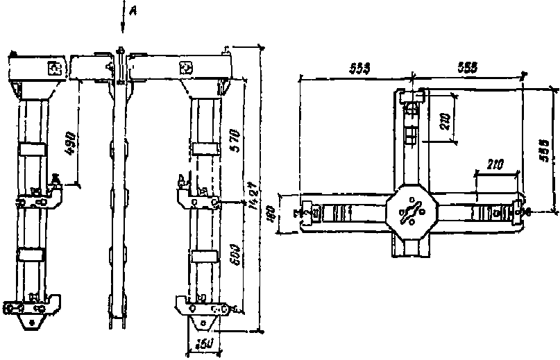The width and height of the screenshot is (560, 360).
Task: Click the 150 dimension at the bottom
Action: pyautogui.click(x=203, y=344)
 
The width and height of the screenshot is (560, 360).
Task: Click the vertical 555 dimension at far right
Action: pyautogui.click(x=545, y=150)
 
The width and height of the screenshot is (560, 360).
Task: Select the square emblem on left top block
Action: pyautogui.click(x=55, y=68)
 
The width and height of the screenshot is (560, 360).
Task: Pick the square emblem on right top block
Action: pyautogui.click(x=186, y=68)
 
